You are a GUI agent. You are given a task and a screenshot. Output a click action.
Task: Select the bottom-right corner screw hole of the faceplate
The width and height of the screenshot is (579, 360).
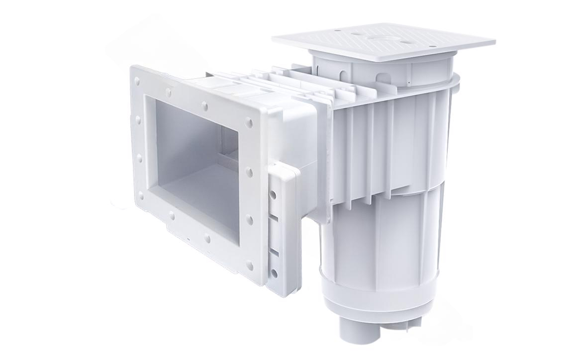coord(250,266)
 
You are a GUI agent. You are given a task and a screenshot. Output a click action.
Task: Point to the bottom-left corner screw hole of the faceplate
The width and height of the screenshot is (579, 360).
coord(141,196)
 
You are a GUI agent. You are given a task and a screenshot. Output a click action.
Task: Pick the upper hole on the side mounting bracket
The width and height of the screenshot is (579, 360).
coord(273,195)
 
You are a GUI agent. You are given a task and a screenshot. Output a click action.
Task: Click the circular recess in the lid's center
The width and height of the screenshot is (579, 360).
coord(382,38)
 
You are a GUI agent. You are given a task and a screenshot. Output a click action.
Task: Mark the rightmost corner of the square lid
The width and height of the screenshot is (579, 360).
coord(494,42)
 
